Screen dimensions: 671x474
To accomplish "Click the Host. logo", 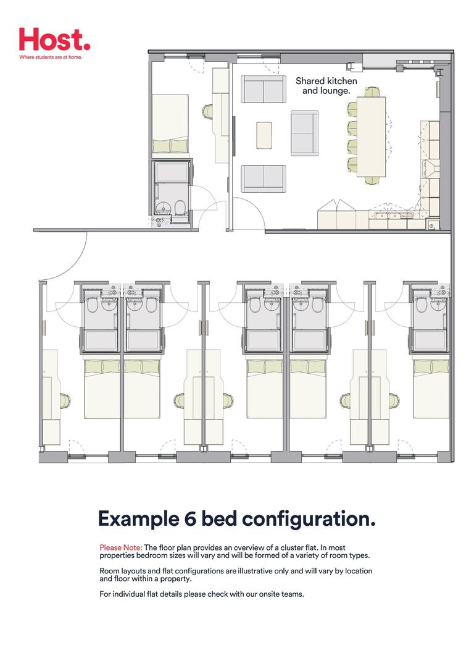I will tap(54, 40).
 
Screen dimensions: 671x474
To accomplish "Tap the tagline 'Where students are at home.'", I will tap(50, 57).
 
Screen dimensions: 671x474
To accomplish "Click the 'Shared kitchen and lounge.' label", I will tap(326, 86).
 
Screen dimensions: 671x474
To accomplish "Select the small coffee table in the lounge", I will tap(264, 135).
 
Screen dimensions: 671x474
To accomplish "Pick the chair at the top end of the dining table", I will tap(372, 93).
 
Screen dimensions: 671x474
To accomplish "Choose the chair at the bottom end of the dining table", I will tap(372, 180).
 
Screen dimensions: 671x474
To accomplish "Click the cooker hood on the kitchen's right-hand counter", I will tap(430, 167).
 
